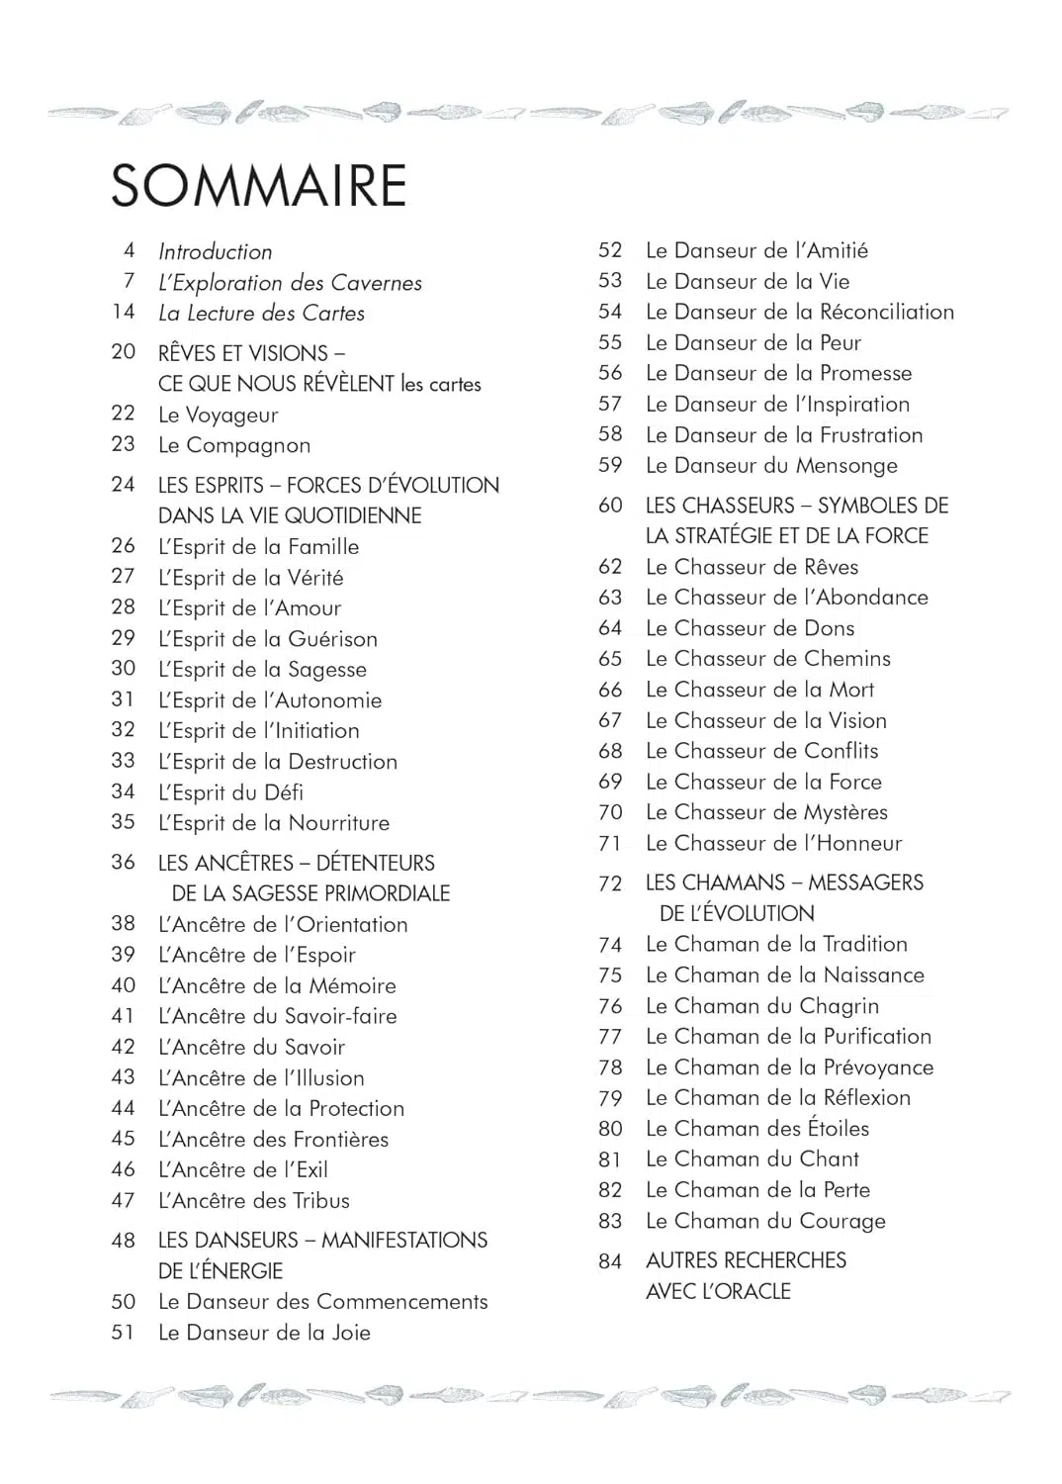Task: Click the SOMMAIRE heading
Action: point(259,185)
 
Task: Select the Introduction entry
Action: point(215,251)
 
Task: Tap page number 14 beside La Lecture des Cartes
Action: point(124,312)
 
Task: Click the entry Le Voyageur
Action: point(218,415)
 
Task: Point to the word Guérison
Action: point(332,639)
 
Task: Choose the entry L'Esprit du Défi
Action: point(230,792)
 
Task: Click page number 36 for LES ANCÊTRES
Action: point(124,862)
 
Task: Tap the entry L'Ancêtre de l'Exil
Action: point(242,1169)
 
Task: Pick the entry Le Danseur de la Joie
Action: point(264,1333)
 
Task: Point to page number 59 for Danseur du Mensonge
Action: point(610,465)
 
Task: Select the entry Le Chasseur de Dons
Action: point(750,628)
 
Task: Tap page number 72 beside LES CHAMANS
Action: point(610,882)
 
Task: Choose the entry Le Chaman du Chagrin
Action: point(761,1006)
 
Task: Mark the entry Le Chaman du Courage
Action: point(765,1221)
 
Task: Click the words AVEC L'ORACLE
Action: point(718,1291)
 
